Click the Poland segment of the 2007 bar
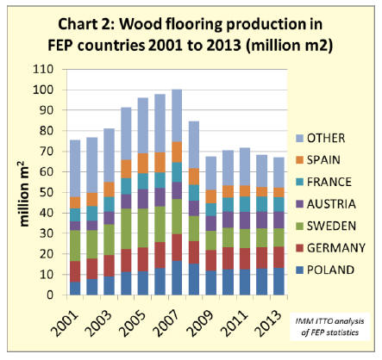(177, 277)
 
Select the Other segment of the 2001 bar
(75, 169)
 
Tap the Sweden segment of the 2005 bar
(143, 228)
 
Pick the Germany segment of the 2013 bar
(279, 258)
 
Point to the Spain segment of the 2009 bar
(210, 196)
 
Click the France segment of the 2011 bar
(245, 204)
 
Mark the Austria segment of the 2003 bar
(109, 218)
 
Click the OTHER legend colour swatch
(299, 139)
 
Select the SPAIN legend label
(323, 160)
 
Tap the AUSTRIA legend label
(331, 204)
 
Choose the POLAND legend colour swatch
(299, 270)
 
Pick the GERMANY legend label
(336, 248)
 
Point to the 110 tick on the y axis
(43, 69)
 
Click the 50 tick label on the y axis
(47, 192)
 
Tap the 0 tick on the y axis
(50, 295)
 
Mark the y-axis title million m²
(24, 194)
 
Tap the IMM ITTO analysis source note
(329, 326)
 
